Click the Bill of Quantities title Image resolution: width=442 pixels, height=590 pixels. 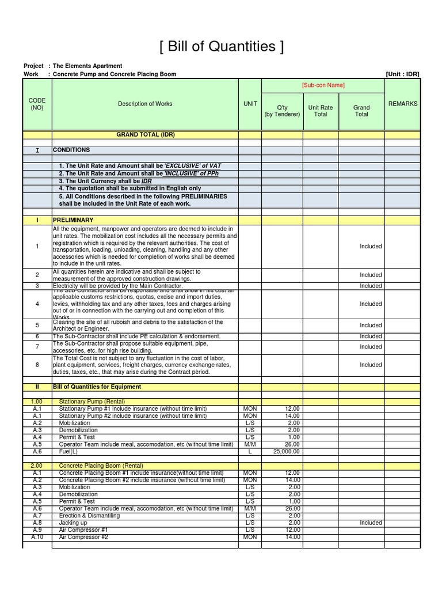(222, 47)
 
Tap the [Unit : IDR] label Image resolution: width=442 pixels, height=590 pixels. (402, 74)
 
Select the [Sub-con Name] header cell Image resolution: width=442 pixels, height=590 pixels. (323, 85)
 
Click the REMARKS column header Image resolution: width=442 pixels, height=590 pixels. (403, 104)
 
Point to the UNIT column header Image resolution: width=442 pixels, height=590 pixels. (250, 104)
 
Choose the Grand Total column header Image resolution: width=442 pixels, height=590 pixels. (361, 111)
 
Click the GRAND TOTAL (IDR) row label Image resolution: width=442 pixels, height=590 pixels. (145, 134)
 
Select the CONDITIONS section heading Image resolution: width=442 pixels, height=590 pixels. (71, 150)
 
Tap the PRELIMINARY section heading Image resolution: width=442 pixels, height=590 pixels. (73, 220)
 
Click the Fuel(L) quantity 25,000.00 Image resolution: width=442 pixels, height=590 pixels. (286, 452)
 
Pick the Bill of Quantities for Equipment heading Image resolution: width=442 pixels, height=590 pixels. (97, 387)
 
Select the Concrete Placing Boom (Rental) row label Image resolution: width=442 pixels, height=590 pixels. (101, 466)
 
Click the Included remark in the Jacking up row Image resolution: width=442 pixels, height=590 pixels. (371, 523)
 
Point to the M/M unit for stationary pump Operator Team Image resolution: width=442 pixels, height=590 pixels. (250, 444)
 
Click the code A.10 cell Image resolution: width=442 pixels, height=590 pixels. (37, 537)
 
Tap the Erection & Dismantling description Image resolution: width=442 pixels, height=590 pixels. (89, 516)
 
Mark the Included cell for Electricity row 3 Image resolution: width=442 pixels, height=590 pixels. (371, 286)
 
